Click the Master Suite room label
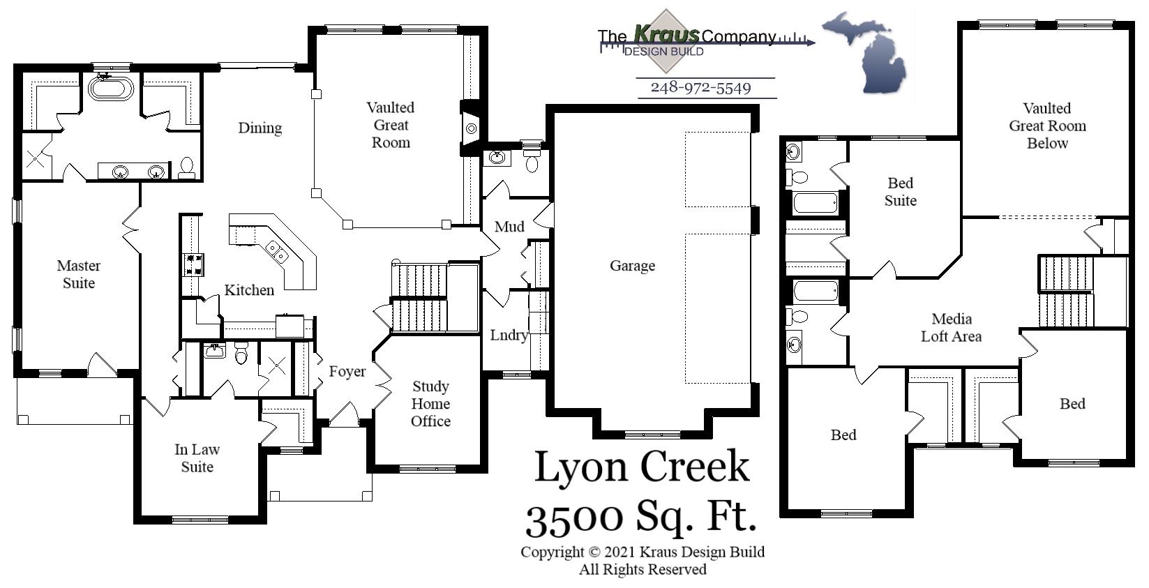[78, 274]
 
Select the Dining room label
[260, 128]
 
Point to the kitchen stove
[193, 264]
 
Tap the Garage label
[632, 266]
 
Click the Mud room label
[509, 227]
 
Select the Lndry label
[508, 335]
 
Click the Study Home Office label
[430, 404]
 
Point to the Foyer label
[347, 372]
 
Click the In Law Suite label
[197, 458]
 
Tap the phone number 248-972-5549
[700, 88]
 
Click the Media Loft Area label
[951, 328]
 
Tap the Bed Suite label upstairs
[900, 192]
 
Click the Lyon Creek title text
[641, 467]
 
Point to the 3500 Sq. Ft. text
[641, 518]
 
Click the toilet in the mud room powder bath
[532, 164]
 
